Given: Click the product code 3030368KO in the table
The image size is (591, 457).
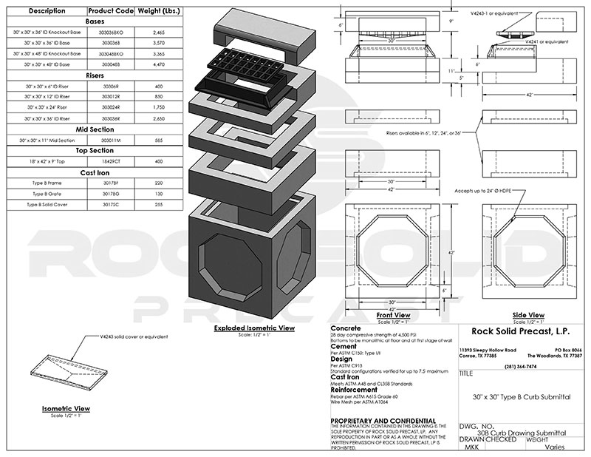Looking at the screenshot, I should [x=112, y=35].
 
